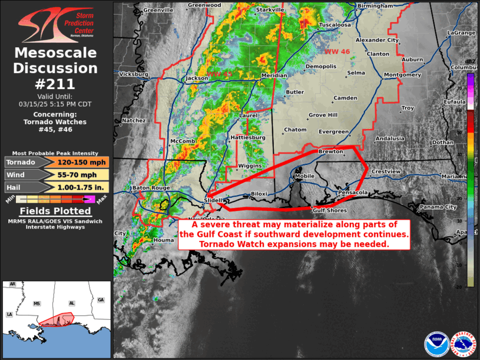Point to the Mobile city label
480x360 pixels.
(x=304, y=176)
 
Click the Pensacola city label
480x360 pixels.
(x=353, y=193)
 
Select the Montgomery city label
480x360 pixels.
(x=402, y=75)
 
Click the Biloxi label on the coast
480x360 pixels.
(x=259, y=193)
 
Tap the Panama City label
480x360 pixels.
(x=438, y=207)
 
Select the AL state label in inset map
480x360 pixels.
(x=72, y=303)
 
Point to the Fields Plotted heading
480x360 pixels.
(x=56, y=211)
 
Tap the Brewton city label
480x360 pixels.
(x=330, y=151)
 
